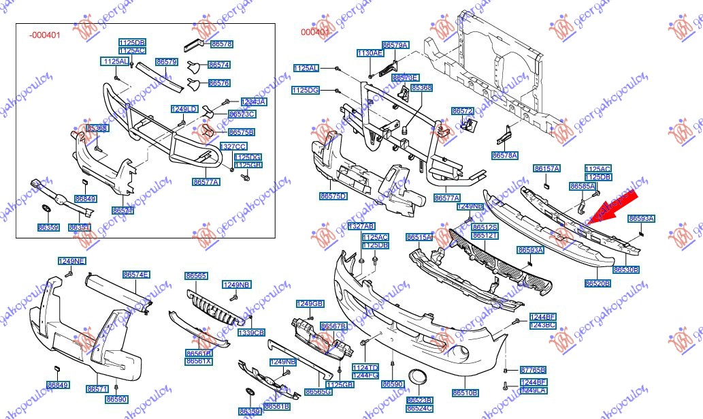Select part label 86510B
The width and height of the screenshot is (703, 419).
(x=465, y=393)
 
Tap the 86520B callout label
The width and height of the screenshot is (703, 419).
(x=598, y=282)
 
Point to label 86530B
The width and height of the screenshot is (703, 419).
(x=626, y=270)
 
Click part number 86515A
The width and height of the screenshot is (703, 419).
(x=419, y=237)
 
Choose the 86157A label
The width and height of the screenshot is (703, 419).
(x=547, y=168)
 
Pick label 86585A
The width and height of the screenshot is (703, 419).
(x=583, y=186)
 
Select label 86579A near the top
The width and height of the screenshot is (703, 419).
(x=395, y=45)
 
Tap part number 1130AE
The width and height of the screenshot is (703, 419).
(x=370, y=52)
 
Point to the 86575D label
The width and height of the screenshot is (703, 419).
(x=333, y=196)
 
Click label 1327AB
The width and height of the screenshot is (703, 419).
(x=361, y=226)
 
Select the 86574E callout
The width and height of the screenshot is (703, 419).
(x=136, y=275)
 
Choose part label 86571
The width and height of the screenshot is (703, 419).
(x=97, y=389)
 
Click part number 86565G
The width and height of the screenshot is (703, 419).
(x=318, y=392)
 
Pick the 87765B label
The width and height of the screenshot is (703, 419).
(x=533, y=369)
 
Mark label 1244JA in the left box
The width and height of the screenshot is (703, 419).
(x=254, y=102)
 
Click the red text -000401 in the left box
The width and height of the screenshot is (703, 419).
(x=45, y=35)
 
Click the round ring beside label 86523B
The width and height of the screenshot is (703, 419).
(x=416, y=377)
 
